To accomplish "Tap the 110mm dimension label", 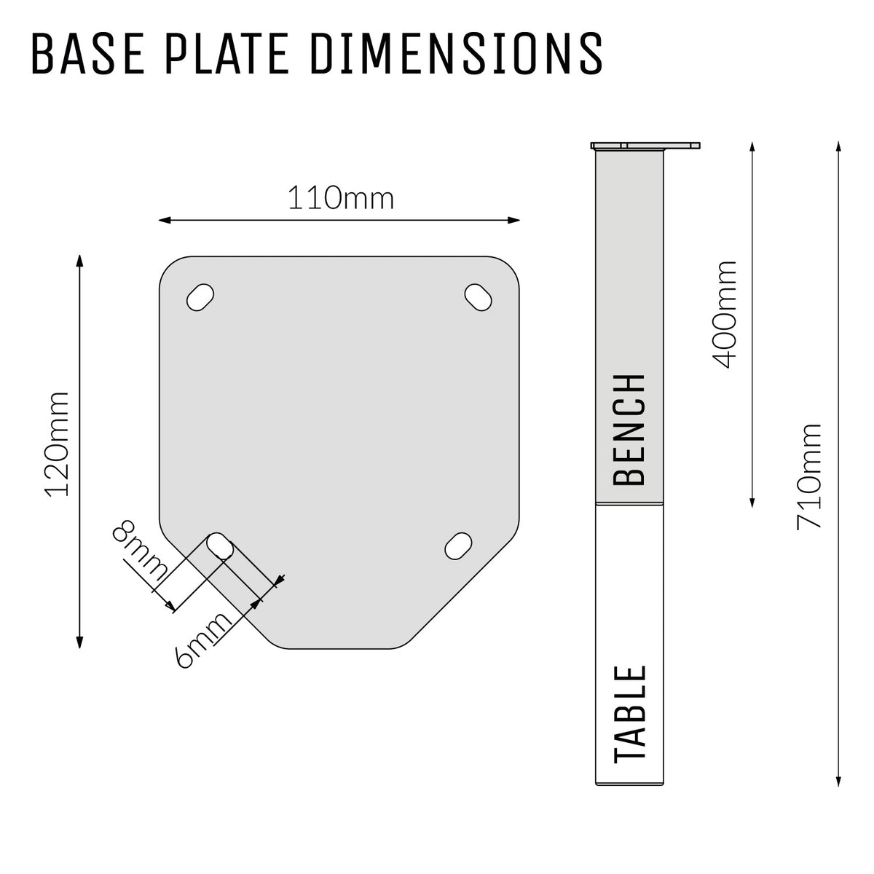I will pyautogui.click(x=340, y=198).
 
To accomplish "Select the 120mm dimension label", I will pyautogui.click(x=57, y=444).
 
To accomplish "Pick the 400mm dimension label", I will pyautogui.click(x=725, y=315).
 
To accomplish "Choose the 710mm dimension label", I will pyautogui.click(x=808, y=476).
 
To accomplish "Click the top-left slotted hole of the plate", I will pyautogui.click(x=201, y=297).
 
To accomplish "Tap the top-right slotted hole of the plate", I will pyautogui.click(x=479, y=296).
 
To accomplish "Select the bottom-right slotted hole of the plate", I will pyautogui.click(x=458, y=546).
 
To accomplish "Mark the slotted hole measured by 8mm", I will pyautogui.click(x=220, y=546).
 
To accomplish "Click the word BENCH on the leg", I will pyautogui.click(x=630, y=430).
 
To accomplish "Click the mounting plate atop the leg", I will pyautogui.click(x=646, y=145).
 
